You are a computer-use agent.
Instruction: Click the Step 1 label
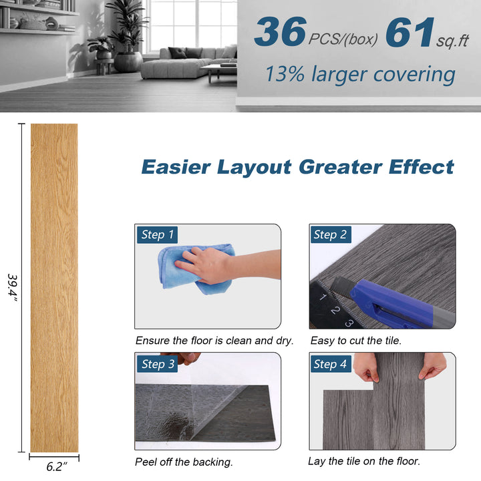pyautogui.click(x=158, y=234)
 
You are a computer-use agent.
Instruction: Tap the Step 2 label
pyautogui.click(x=330, y=234)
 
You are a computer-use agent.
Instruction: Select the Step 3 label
pyautogui.click(x=158, y=364)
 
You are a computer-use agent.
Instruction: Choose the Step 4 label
pyautogui.click(x=330, y=364)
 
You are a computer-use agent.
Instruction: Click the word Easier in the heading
pyautogui.click(x=176, y=166)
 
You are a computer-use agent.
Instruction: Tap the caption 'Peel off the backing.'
pyautogui.click(x=184, y=462)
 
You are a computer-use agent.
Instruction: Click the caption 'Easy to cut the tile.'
pyautogui.click(x=355, y=341)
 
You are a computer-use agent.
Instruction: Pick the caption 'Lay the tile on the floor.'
pyautogui.click(x=364, y=461)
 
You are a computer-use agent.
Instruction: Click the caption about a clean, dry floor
pyautogui.click(x=214, y=341)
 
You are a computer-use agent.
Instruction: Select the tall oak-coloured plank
pyautogui.click(x=54, y=287)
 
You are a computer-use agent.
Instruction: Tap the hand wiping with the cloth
pyautogui.click(x=214, y=264)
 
